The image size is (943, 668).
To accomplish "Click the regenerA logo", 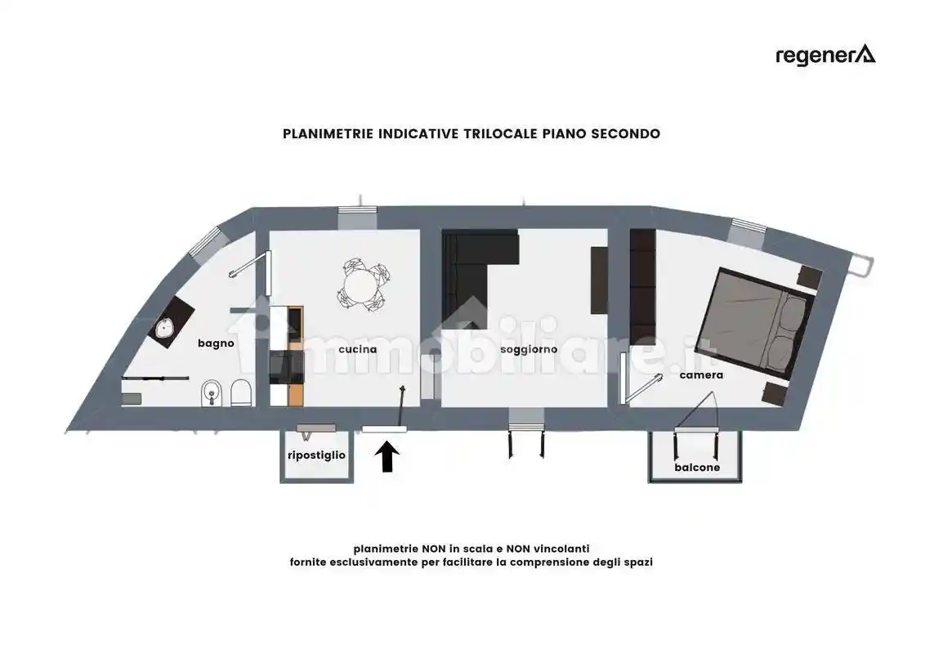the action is (x=825, y=56).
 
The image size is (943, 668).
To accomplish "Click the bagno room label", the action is (x=216, y=343).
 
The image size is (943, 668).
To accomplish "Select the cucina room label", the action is (x=358, y=349).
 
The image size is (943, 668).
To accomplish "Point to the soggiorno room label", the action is (x=529, y=349).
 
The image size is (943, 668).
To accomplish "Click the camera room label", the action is (x=701, y=375).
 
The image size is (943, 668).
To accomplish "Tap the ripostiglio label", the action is (x=316, y=455).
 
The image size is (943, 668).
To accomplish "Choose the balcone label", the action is (x=697, y=467).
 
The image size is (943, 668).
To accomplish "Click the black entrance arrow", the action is (x=387, y=456).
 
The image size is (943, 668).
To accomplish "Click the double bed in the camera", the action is (x=755, y=323).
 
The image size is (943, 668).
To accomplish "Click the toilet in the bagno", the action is (x=241, y=392).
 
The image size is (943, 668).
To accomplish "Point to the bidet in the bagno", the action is (x=211, y=393).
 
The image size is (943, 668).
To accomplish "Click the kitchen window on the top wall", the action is (x=357, y=217).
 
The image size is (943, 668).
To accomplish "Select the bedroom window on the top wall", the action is (x=748, y=232).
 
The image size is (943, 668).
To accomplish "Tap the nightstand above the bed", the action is (x=809, y=277).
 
